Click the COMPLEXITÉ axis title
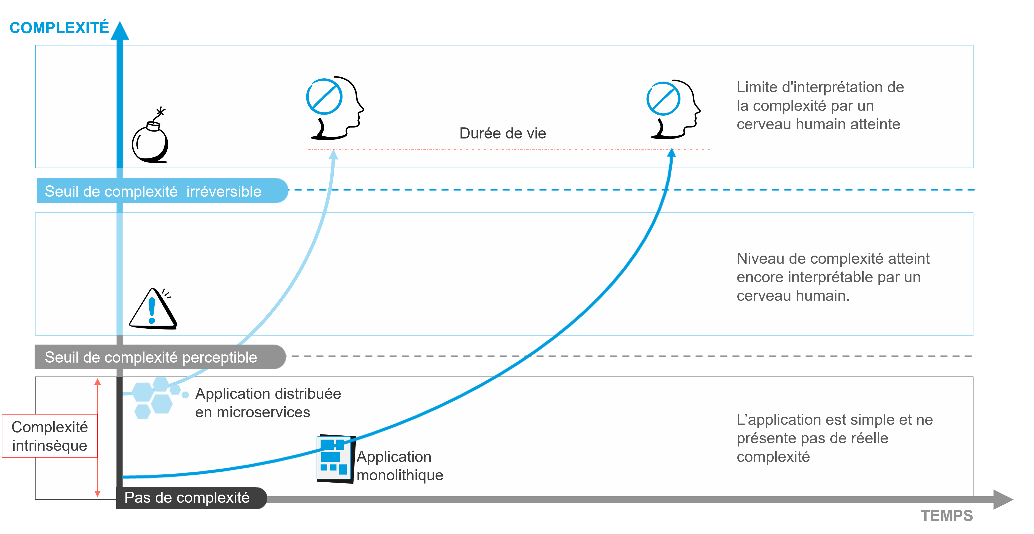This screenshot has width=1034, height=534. click(59, 28)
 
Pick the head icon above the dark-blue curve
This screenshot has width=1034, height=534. click(673, 109)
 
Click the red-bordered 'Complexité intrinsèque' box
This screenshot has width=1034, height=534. click(50, 436)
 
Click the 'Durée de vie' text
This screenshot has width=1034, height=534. click(502, 133)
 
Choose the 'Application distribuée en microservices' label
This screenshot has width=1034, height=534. click(268, 403)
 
